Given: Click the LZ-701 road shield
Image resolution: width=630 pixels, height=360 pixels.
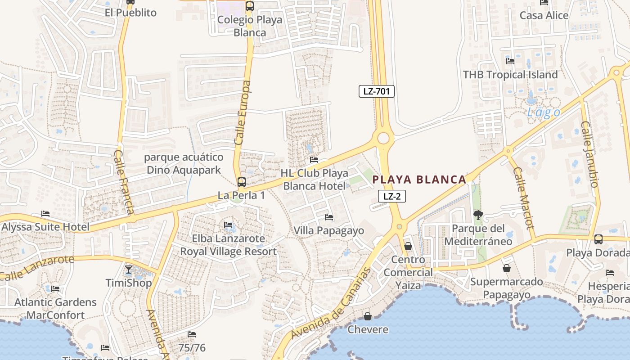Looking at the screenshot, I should [x=376, y=92].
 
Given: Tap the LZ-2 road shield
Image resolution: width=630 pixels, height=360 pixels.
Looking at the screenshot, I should [x=391, y=196].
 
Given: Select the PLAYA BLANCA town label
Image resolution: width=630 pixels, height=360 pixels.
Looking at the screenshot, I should [x=419, y=180].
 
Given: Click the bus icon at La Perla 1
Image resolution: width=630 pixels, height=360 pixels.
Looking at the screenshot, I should [x=242, y=182].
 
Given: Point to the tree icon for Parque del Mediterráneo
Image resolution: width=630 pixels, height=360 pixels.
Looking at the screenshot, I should [x=478, y=216].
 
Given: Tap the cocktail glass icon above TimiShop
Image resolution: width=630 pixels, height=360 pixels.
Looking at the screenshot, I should [x=129, y=270].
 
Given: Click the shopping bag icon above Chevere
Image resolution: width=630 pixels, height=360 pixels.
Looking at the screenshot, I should [x=368, y=316].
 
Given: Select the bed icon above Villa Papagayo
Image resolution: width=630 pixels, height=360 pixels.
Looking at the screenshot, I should [x=329, y=218].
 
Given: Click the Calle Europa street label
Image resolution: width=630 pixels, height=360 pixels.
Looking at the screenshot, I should [x=242, y=112].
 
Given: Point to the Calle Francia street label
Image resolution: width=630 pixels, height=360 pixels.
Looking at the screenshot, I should [x=123, y=182].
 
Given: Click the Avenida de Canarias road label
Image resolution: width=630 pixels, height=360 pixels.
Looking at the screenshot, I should [x=331, y=303].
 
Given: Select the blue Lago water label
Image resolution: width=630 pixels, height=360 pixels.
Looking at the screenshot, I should [x=544, y=112].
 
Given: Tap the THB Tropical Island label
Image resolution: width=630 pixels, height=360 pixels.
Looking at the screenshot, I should [x=510, y=75].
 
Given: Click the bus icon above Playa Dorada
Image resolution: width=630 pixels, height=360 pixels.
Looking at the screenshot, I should [x=598, y=239].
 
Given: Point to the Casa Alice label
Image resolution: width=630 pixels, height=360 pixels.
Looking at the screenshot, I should [x=544, y=15].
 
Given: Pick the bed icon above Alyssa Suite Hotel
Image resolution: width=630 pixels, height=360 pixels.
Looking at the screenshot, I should [x=45, y=214].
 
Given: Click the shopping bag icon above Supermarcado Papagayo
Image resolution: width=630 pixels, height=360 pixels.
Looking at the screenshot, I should [x=507, y=269].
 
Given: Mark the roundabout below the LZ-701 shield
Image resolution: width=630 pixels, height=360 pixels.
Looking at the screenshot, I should [x=383, y=138].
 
